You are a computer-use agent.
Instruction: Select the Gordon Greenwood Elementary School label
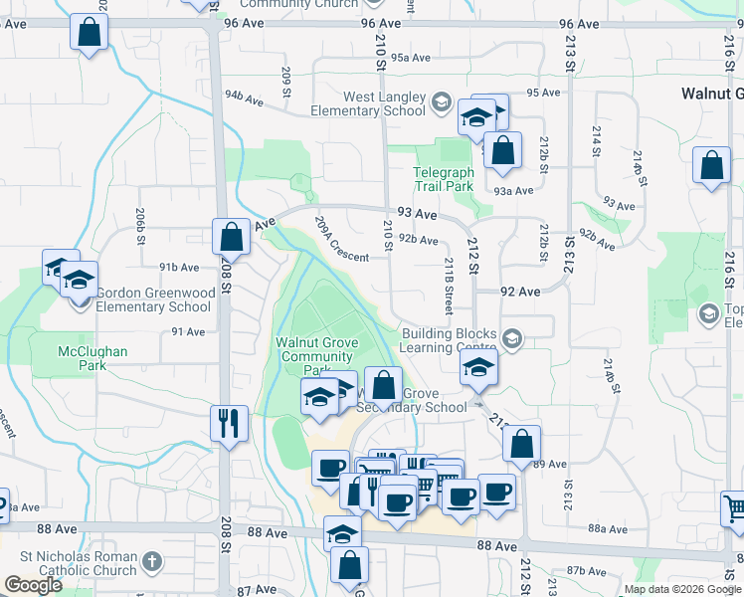(x=153, y=299)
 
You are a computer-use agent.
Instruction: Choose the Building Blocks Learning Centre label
(x=449, y=341)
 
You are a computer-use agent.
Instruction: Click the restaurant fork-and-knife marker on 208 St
(x=229, y=422)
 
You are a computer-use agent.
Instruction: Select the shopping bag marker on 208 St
(x=231, y=237)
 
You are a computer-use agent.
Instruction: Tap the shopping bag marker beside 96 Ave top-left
(x=89, y=32)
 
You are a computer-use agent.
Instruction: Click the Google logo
(x=33, y=585)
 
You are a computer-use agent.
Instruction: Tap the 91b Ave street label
(x=178, y=267)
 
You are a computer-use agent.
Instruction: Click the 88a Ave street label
(x=604, y=529)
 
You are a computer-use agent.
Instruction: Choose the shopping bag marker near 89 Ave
(x=521, y=443)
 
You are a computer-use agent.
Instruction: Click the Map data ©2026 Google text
(x=682, y=589)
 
